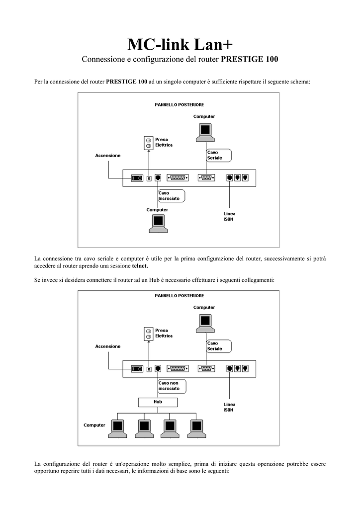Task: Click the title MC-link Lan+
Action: click(x=180, y=44)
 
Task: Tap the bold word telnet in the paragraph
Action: click(x=140, y=266)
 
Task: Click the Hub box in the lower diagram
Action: click(x=158, y=402)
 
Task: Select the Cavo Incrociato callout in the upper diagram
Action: click(x=172, y=196)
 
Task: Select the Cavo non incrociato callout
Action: click(x=172, y=386)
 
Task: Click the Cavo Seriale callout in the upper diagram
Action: click(x=219, y=155)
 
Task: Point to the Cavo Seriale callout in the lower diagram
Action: click(x=219, y=346)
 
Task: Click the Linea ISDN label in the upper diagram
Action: click(x=229, y=217)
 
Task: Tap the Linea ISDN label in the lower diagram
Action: click(x=229, y=407)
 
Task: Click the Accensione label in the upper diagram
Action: click(x=108, y=156)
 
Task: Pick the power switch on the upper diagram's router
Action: click(x=137, y=178)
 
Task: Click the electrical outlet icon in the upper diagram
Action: click(x=148, y=143)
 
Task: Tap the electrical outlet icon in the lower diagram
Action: click(x=148, y=334)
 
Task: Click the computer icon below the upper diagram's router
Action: click(x=159, y=224)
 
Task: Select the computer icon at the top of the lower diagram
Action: click(x=205, y=324)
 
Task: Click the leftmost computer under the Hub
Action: click(x=117, y=428)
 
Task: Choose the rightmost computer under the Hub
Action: click(x=196, y=428)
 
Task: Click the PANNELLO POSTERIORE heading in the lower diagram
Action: click(x=179, y=296)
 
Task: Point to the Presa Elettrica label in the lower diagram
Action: click(x=164, y=333)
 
